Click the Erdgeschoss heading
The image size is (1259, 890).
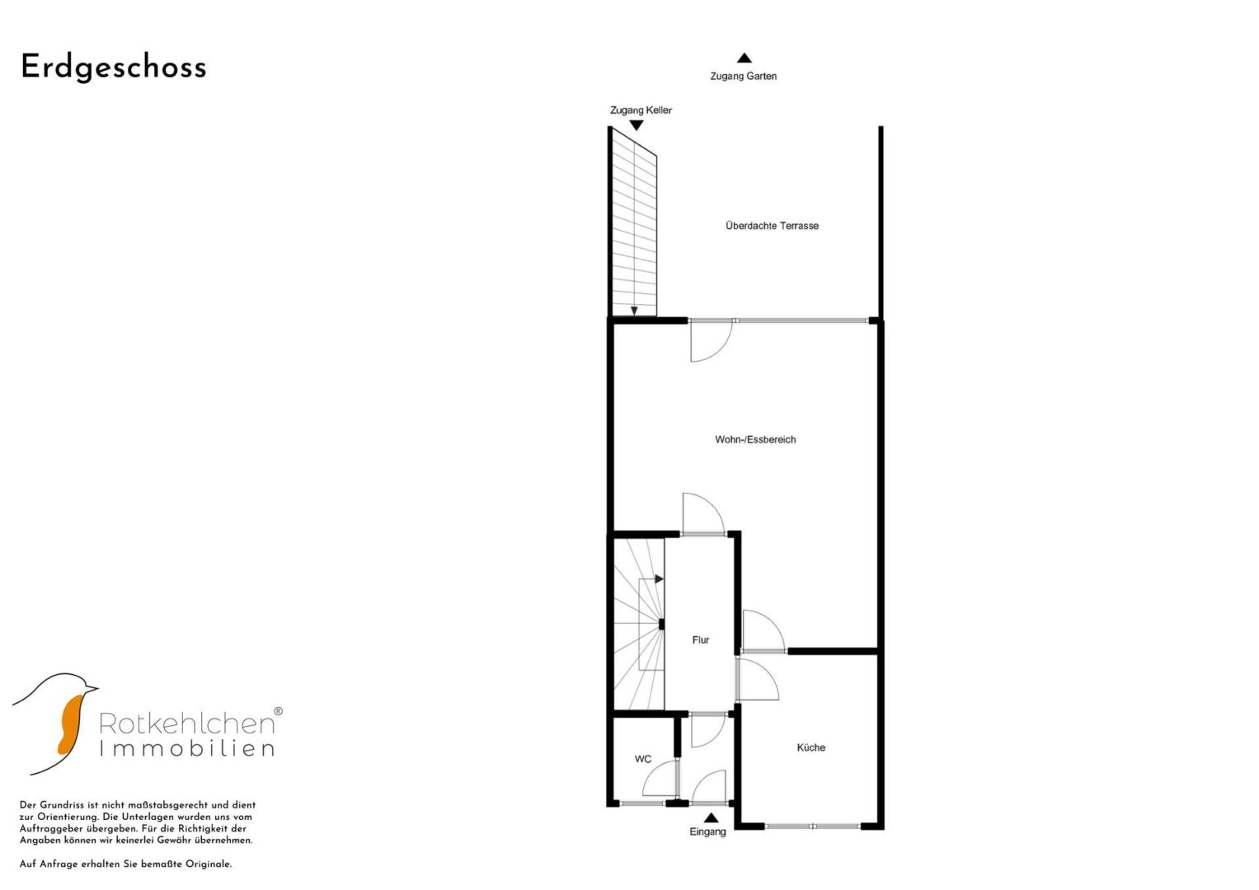click(114, 68)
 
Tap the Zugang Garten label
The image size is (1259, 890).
click(743, 76)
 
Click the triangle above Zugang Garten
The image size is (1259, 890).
click(745, 58)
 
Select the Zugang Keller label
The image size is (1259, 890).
click(641, 110)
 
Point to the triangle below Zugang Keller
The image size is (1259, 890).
click(636, 125)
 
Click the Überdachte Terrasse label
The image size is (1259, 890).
click(772, 226)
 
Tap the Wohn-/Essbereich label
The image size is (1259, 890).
click(755, 439)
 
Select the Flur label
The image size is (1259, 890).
click(700, 640)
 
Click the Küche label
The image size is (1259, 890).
click(810, 747)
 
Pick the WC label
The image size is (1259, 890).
click(642, 759)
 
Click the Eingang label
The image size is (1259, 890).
click(707, 831)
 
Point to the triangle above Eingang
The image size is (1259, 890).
click(711, 817)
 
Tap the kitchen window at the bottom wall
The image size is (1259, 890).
click(812, 826)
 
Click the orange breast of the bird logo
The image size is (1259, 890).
click(70, 725)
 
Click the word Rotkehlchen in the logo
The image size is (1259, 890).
click(186, 724)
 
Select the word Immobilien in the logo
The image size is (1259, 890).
click(187, 748)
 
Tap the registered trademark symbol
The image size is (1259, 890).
click(278, 711)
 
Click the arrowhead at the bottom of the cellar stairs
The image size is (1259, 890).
click(634, 311)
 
